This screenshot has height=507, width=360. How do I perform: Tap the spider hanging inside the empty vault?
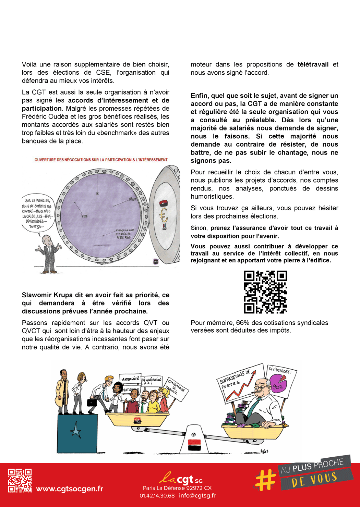point(98,194)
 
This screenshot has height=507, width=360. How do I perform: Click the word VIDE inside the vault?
point(84,216)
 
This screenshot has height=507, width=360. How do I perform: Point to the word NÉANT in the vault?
point(132,199)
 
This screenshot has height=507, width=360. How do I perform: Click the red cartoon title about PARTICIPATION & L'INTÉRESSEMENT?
point(101,160)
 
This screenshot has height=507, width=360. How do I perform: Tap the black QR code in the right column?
point(265,292)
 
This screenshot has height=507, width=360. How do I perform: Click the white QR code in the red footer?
point(20,480)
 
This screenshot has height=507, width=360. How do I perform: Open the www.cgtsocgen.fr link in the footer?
point(70,489)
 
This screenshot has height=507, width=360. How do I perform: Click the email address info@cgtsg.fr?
point(197,495)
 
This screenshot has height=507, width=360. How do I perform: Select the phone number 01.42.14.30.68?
point(157,495)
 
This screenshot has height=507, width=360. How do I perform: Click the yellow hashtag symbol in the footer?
point(265,480)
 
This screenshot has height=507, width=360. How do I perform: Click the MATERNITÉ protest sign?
point(130,379)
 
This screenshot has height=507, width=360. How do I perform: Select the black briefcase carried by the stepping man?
point(92,401)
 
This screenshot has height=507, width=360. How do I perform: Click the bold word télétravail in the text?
point(313,64)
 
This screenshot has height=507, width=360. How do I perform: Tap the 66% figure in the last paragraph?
point(242,323)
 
